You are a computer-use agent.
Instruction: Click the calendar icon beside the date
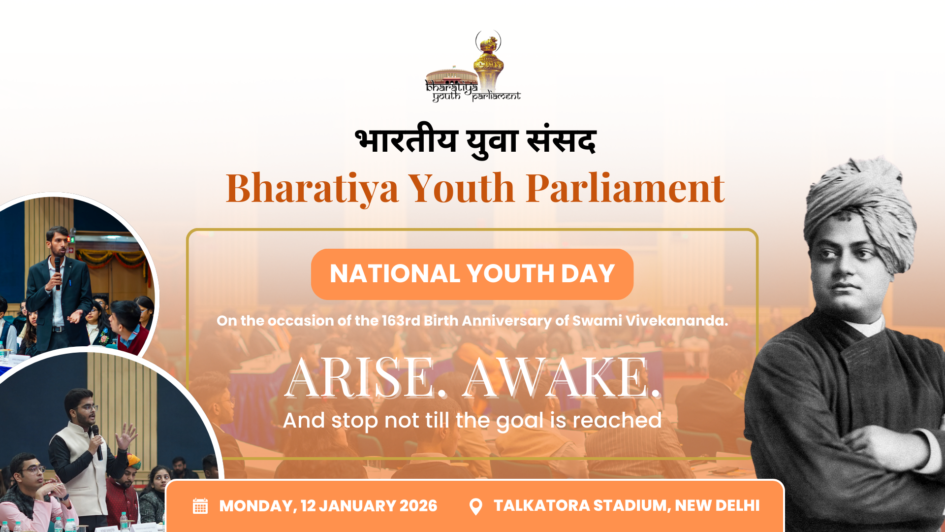pyautogui.click(x=200, y=506)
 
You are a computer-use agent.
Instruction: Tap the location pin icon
pyautogui.click(x=476, y=506)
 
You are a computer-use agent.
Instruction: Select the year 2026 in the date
pyautogui.click(x=418, y=506)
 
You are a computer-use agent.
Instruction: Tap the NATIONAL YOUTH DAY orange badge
pyautogui.click(x=472, y=274)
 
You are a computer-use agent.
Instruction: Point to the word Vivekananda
pyautogui.click(x=676, y=321)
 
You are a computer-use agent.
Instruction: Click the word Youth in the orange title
pyautogui.click(x=462, y=188)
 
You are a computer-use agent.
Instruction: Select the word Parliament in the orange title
pyautogui.click(x=625, y=188)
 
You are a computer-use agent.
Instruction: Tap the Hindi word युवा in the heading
pyautogui.click(x=492, y=142)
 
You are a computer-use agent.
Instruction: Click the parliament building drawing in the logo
pyautogui.click(x=451, y=76)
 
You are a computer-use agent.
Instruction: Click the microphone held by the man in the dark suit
pyautogui.click(x=58, y=272)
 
